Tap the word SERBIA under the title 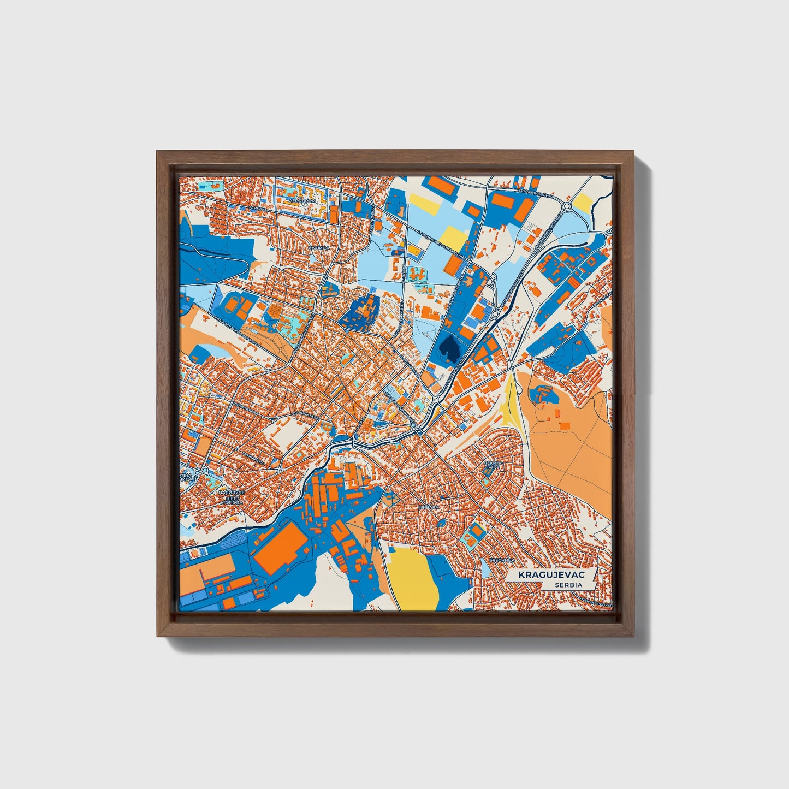pyautogui.click(x=568, y=585)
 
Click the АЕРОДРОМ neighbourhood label pyautogui.click(x=303, y=201)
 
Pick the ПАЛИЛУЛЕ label pyautogui.click(x=228, y=493)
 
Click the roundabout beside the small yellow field pyautogui.click(x=567, y=206)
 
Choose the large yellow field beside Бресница pyautogui.click(x=413, y=576)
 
